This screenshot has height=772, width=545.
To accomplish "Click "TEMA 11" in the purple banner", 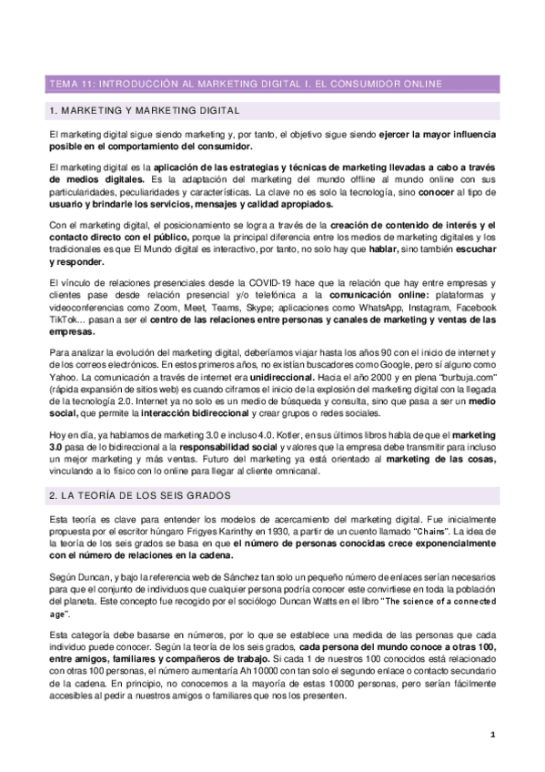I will (70, 84).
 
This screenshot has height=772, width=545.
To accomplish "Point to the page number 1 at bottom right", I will (492, 735).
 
